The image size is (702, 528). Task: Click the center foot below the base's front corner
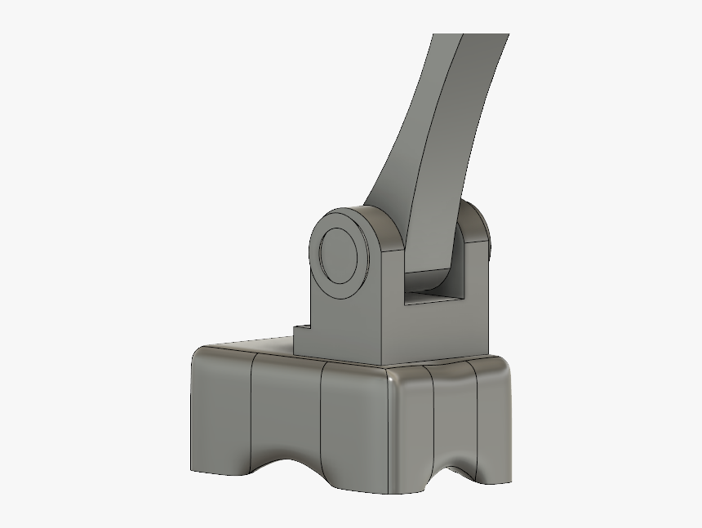(384, 481)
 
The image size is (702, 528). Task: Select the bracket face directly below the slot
(441, 335)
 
